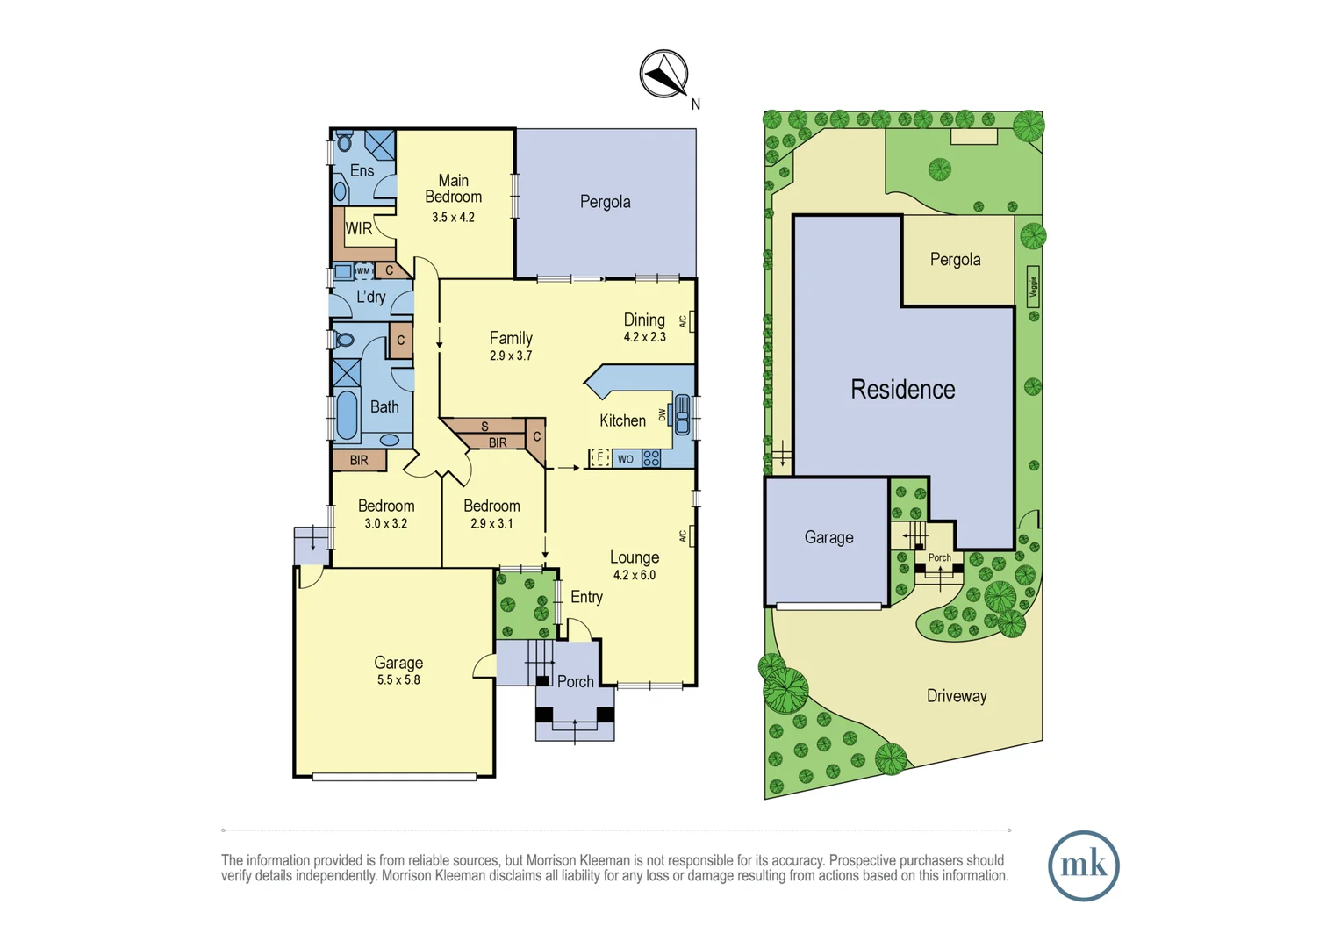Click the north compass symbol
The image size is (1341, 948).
pyautogui.click(x=663, y=74)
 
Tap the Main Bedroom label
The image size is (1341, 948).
pyautogui.click(x=453, y=189)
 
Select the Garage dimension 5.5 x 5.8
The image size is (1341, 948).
pyautogui.click(x=398, y=679)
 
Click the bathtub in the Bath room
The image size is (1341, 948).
pyautogui.click(x=348, y=415)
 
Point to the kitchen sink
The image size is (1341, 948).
pyautogui.click(x=682, y=415)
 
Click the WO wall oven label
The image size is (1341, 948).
pyautogui.click(x=625, y=459)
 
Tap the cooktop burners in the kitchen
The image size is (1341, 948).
pyautogui.click(x=651, y=458)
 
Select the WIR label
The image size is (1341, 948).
pyautogui.click(x=358, y=229)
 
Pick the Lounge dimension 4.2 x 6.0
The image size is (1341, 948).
pyautogui.click(x=634, y=575)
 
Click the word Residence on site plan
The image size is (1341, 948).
pyautogui.click(x=902, y=390)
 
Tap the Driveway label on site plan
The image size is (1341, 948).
pyautogui.click(x=957, y=696)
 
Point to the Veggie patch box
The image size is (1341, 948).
pyautogui.click(x=1033, y=286)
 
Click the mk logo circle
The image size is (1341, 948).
pyautogui.click(x=1083, y=865)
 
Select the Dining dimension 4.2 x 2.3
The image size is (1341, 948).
pyautogui.click(x=644, y=337)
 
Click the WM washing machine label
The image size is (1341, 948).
pyautogui.click(x=362, y=271)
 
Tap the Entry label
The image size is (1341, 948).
pyautogui.click(x=586, y=597)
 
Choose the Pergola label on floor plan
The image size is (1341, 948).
pyautogui.click(x=605, y=202)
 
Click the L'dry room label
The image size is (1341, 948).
pyautogui.click(x=370, y=297)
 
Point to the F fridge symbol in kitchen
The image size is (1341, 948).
pyautogui.click(x=600, y=457)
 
